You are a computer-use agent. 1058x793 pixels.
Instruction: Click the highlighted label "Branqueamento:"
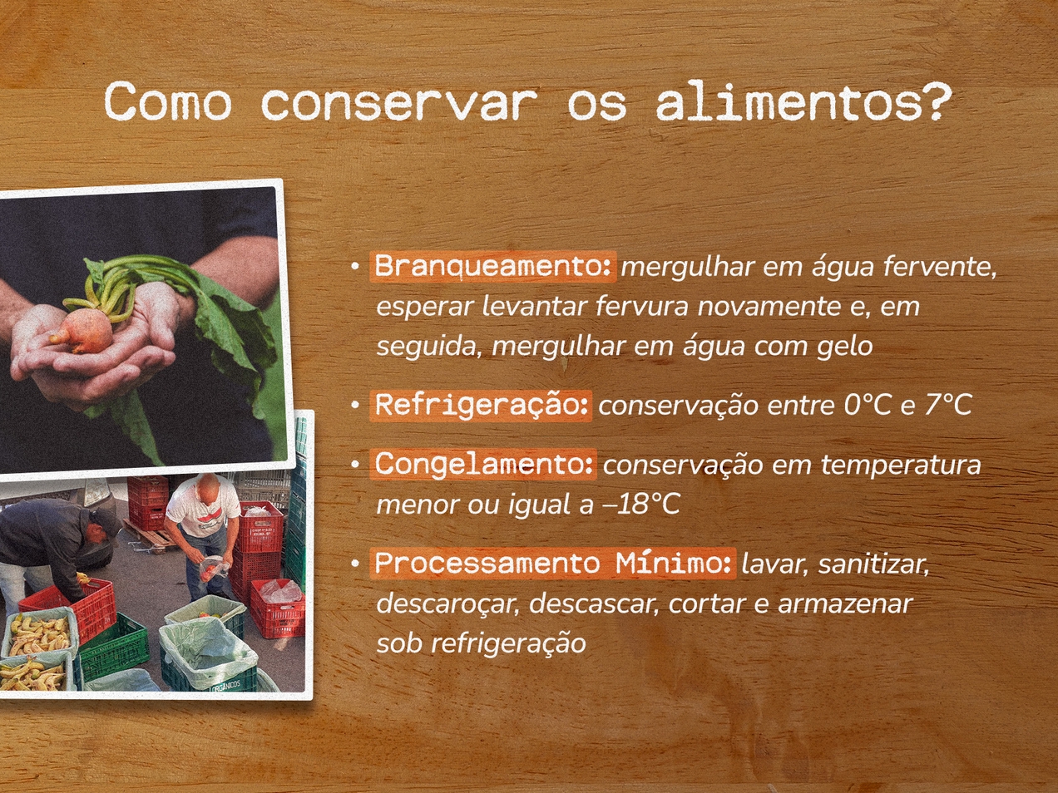(x=492, y=266)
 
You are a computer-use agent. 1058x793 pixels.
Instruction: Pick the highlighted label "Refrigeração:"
(x=481, y=406)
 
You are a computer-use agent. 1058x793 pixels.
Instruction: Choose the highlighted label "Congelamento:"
(x=483, y=465)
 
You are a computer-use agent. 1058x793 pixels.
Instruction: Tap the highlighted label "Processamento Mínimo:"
(x=553, y=564)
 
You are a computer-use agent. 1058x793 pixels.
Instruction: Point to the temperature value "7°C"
(x=948, y=406)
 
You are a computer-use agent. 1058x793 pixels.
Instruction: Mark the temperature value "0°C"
(x=868, y=406)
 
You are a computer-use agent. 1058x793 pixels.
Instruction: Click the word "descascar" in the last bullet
(x=594, y=604)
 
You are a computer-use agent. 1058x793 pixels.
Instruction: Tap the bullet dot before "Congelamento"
(x=355, y=465)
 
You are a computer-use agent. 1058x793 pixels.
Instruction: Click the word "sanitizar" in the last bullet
(x=873, y=564)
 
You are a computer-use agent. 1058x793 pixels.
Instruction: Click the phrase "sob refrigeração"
(x=481, y=643)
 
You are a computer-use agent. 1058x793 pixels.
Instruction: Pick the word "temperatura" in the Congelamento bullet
(x=901, y=465)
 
